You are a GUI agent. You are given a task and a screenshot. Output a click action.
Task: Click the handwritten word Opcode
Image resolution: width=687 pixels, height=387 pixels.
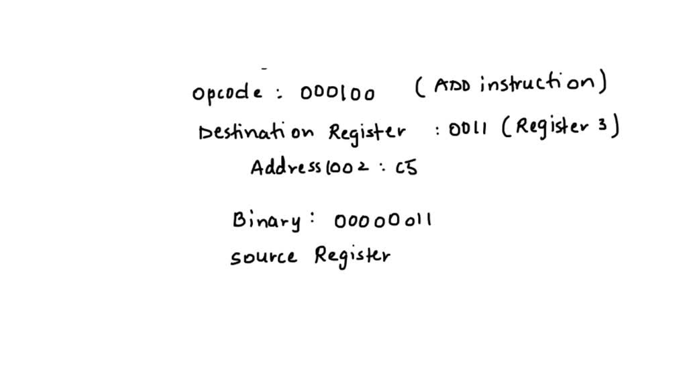click(227, 92)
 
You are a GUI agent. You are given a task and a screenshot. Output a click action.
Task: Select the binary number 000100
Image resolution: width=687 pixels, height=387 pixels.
click(337, 93)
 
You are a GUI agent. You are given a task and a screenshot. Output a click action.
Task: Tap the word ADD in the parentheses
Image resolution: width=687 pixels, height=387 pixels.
click(452, 85)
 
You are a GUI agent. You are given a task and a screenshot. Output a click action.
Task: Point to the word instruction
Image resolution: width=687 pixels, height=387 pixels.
click(537, 82)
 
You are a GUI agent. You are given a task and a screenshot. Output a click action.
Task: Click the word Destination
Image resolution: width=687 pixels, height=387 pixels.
click(256, 132)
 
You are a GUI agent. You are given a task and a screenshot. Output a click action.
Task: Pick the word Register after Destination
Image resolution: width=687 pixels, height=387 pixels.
click(367, 132)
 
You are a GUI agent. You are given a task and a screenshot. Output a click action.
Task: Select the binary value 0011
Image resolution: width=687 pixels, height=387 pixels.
click(468, 129)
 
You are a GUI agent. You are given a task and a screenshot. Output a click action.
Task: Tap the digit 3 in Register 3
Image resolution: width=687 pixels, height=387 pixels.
click(602, 125)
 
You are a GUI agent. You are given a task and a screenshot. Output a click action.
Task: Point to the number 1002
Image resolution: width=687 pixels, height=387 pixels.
click(347, 167)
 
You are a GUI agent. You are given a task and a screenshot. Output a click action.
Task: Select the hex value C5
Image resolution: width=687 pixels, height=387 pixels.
click(407, 167)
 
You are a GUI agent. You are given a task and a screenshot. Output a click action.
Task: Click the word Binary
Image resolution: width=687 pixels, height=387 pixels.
click(267, 220)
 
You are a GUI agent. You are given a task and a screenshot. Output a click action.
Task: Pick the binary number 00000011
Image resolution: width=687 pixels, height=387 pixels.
click(383, 220)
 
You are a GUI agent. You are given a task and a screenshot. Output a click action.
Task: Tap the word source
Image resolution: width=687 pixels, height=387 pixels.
click(264, 257)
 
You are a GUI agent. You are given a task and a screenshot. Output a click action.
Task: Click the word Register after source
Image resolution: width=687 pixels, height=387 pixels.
click(352, 256)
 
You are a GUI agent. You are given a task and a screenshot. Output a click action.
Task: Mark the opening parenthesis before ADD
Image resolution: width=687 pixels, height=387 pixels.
click(419, 86)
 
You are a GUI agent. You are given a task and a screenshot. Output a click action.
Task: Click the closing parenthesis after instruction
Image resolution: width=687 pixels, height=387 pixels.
click(603, 81)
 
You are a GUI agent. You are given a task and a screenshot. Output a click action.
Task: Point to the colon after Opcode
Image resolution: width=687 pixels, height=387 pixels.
click(280, 93)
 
